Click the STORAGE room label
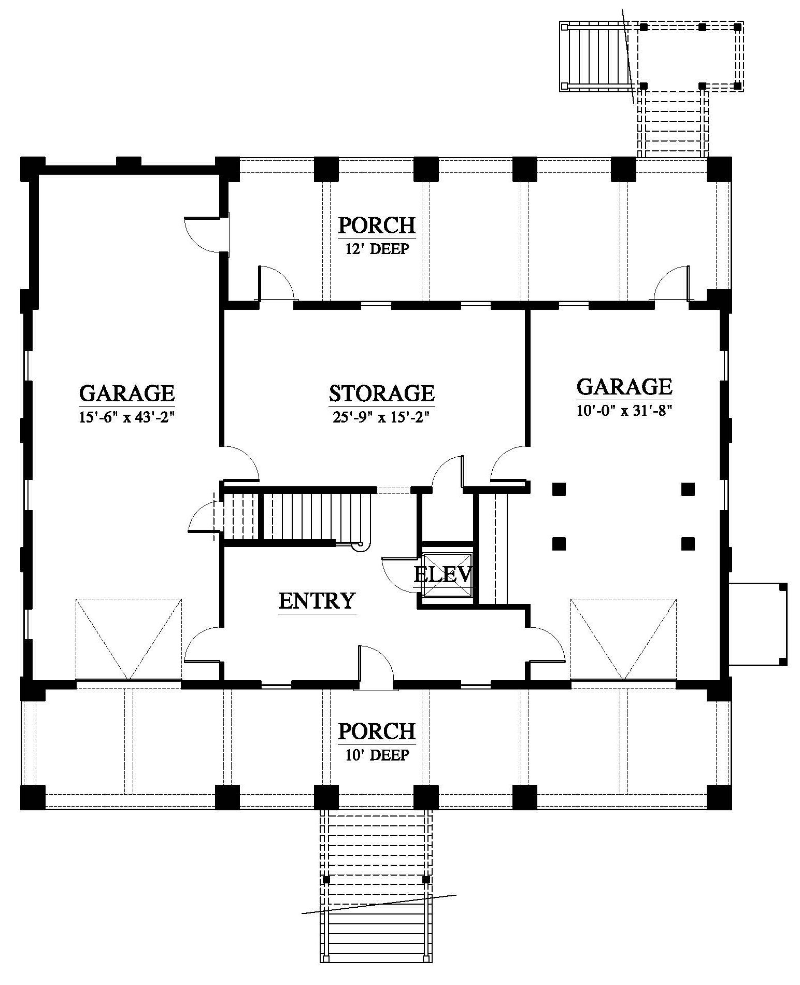point(382,393)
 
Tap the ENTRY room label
point(317,600)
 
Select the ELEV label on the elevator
point(444,574)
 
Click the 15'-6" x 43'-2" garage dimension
point(126,417)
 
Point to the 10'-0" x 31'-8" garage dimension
point(624,411)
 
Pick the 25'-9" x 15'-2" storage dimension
point(382,417)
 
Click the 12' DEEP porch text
point(377,249)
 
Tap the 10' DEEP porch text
point(377,755)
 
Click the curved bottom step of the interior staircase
point(360,544)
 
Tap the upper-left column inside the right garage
point(559,488)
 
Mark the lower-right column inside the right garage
point(688,543)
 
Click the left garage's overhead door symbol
point(128,640)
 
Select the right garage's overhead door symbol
point(623,640)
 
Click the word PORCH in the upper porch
point(377,226)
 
